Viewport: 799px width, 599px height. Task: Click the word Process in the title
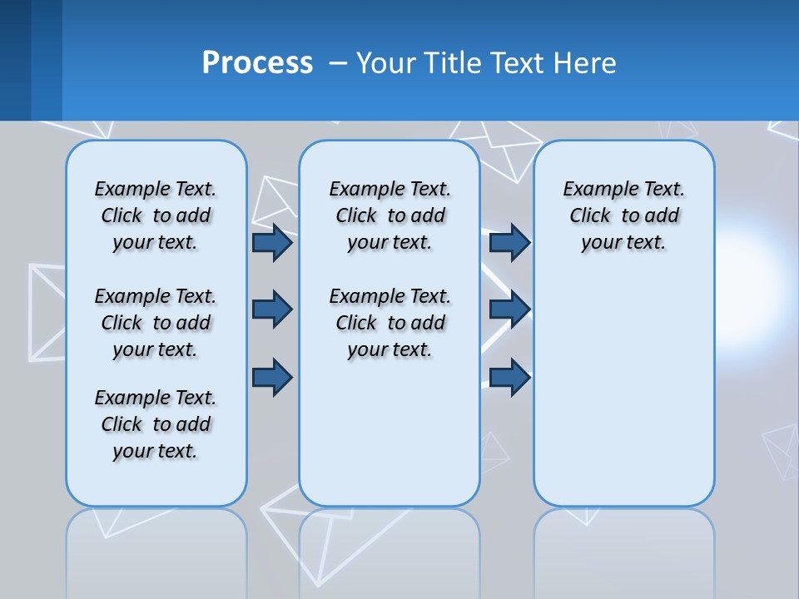click(x=257, y=62)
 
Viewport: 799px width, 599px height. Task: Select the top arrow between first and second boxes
click(x=271, y=242)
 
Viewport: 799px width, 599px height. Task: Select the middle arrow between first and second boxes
click(x=271, y=309)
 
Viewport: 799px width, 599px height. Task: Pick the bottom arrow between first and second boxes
click(x=271, y=377)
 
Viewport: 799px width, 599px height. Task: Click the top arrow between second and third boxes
click(x=509, y=242)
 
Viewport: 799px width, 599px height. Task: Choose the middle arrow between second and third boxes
click(x=509, y=309)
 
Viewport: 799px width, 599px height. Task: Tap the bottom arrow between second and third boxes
click(x=509, y=377)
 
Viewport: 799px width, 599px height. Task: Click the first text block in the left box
click(x=156, y=215)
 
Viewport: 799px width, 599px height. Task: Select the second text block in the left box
click(x=156, y=323)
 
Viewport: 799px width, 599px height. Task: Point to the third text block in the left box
click(x=156, y=424)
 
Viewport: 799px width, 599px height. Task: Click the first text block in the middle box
click(x=390, y=215)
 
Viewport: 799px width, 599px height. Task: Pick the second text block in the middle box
click(x=390, y=323)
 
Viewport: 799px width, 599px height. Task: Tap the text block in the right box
click(x=624, y=215)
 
